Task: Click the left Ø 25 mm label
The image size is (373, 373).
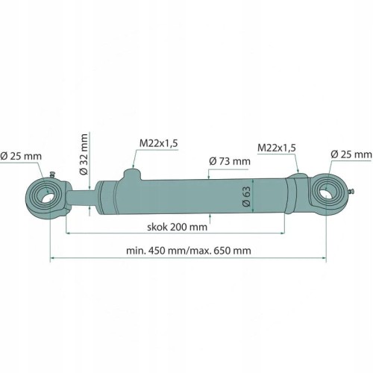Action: [21, 157]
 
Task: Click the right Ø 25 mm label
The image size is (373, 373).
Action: [351, 154]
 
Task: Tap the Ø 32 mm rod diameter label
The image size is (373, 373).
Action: [84, 154]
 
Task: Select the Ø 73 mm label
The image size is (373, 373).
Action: [230, 161]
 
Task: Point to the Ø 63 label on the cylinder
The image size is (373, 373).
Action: [246, 196]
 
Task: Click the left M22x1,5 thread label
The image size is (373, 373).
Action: [159, 143]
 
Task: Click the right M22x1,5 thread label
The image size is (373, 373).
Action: [277, 148]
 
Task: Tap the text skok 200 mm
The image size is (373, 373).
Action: [177, 227]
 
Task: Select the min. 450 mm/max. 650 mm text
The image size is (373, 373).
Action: [189, 251]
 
